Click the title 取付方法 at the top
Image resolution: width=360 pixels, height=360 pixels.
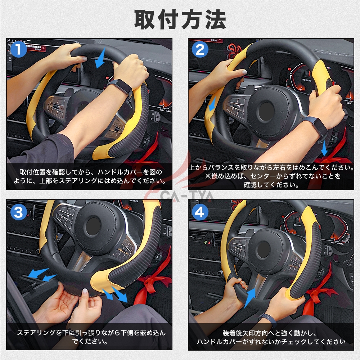[180, 19]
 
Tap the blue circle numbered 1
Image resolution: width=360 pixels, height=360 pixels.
[18, 49]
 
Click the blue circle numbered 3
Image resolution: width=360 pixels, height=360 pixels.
[18, 212]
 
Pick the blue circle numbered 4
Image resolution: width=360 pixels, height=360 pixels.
[200, 212]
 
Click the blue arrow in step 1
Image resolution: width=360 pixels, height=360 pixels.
[100, 58]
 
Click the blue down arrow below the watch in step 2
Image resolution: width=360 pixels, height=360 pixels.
[324, 148]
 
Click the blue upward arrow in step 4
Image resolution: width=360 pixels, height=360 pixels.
[250, 298]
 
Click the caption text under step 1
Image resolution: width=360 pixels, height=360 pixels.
[90, 176]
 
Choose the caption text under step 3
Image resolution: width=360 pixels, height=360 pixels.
[91, 337]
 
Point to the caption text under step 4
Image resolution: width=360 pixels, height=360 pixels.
[271, 337]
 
